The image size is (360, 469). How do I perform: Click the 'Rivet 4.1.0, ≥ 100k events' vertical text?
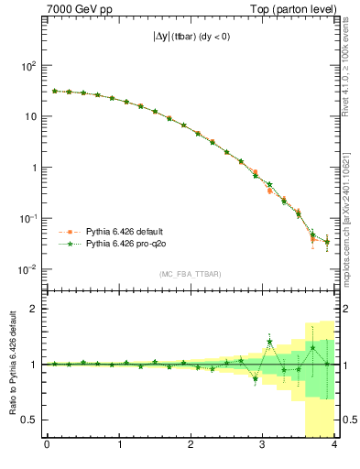pos(351,73)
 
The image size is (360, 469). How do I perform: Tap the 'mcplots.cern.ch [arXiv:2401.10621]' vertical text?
pos(351,211)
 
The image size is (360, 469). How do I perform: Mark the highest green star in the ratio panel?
pos(270,342)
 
